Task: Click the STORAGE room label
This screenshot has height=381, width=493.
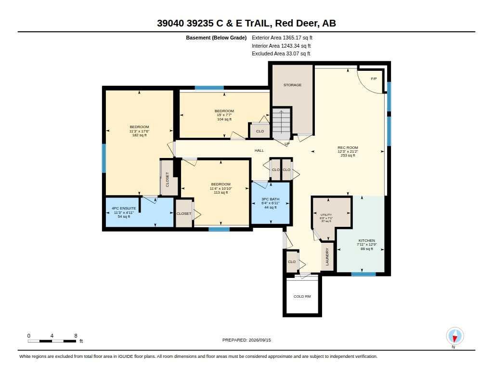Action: [292, 85]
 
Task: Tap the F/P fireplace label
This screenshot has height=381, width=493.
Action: [374, 79]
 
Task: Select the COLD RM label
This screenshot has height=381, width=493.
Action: [302, 296]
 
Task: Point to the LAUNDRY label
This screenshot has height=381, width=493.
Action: [327, 256]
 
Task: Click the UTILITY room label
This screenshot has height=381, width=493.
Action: [326, 214]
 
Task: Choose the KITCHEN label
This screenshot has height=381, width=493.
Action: [366, 240]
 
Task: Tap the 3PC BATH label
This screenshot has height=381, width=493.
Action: [271, 199]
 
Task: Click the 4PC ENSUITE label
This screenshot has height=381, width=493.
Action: [124, 208]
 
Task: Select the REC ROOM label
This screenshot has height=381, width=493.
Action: [348, 147]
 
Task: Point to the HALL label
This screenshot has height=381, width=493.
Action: [259, 150]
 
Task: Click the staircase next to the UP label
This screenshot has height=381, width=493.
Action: [281, 123]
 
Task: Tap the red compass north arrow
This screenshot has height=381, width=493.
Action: [454, 338]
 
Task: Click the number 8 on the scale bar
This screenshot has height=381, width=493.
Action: [76, 336]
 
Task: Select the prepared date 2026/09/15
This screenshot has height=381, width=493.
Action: [259, 340]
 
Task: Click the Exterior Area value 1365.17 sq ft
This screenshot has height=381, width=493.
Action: [298, 38]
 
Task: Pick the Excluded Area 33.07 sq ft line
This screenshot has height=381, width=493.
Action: [281, 54]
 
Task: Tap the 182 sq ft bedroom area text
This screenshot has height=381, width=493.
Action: [139, 135]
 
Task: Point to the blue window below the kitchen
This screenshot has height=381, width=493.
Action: [363, 275]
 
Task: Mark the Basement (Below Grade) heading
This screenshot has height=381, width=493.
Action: [216, 38]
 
